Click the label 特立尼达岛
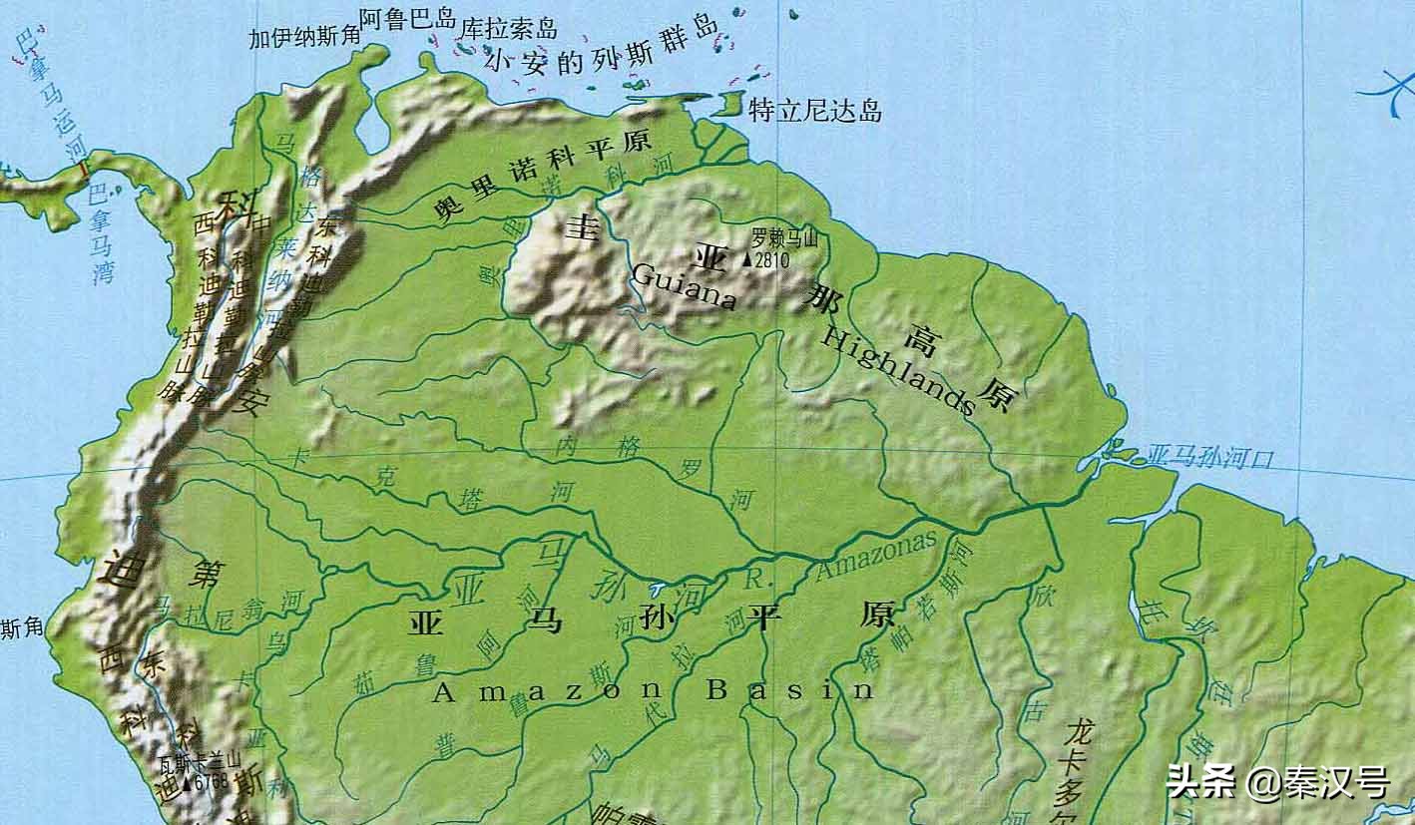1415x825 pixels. click(x=814, y=110)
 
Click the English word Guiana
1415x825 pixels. click(x=685, y=287)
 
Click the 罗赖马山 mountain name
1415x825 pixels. click(x=784, y=238)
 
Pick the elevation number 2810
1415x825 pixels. click(x=772, y=260)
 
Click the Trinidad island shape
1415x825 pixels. click(x=731, y=104)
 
